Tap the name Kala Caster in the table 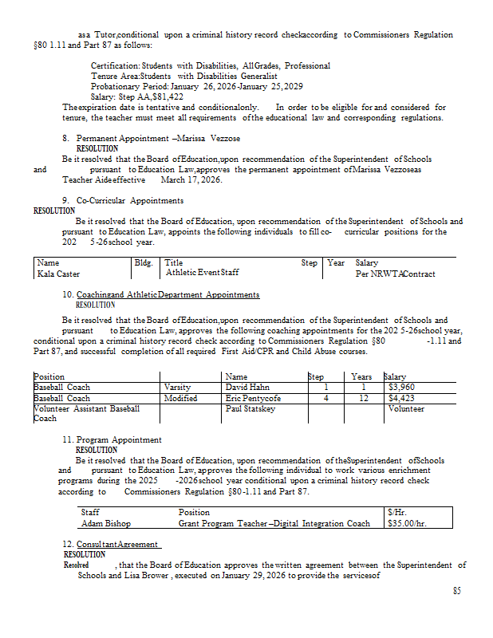click(58, 274)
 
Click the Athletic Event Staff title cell click(203, 273)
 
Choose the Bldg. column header click(144, 262)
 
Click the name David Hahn click(247, 388)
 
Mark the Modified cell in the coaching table click(180, 398)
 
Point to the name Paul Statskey click(250, 408)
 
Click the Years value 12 click(362, 398)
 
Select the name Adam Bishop click(106, 524)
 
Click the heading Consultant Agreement click(119, 544)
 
